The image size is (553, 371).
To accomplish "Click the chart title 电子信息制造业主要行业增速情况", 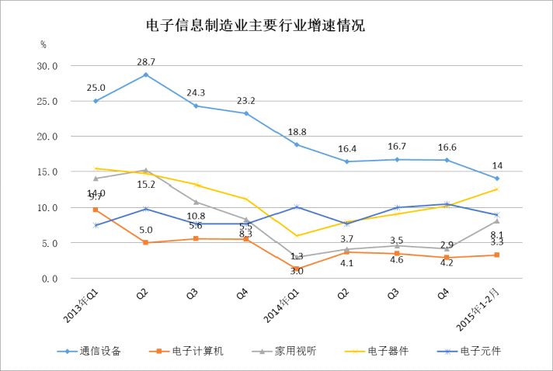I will (256, 25).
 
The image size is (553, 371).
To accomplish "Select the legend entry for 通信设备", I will (99, 351).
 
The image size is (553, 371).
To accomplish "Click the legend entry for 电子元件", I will (480, 351).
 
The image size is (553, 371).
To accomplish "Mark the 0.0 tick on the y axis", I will (50, 278).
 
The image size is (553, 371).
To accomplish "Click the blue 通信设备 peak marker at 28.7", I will (145, 75).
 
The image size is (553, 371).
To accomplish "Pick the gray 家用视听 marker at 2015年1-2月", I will (496, 221).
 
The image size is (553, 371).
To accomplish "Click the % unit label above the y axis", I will (43, 44).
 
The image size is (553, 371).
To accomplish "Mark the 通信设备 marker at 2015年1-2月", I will (496, 179).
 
